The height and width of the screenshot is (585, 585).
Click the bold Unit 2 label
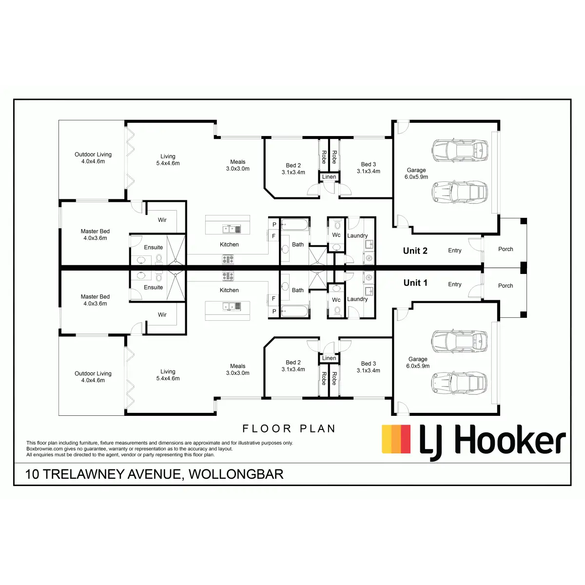coord(415,251)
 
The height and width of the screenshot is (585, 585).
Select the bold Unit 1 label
coord(415,283)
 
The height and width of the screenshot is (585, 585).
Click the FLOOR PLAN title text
coord(289,429)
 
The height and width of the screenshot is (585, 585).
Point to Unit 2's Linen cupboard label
coord(329,176)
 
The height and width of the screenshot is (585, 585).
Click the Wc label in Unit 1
coord(336,300)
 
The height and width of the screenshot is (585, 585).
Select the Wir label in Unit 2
coord(162,220)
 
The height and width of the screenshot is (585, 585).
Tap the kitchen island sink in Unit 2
coord(232,229)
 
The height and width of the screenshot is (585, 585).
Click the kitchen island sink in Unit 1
coord(232,306)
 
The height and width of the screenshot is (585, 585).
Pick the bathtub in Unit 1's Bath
coord(294,311)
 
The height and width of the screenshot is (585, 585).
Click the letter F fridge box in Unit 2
coord(273,236)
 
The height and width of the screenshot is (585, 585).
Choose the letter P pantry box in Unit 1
coord(274,312)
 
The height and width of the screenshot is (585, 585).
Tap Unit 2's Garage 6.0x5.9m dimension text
coord(416,177)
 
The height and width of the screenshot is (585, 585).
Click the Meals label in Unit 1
coord(238,366)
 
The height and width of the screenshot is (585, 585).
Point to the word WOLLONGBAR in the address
coord(236,474)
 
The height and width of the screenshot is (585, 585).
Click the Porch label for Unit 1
coord(506,286)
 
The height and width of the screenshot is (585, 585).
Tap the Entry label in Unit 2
coord(455,251)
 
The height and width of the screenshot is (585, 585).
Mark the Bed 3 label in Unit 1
coord(369,364)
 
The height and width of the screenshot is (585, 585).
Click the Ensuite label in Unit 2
coord(153,248)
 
